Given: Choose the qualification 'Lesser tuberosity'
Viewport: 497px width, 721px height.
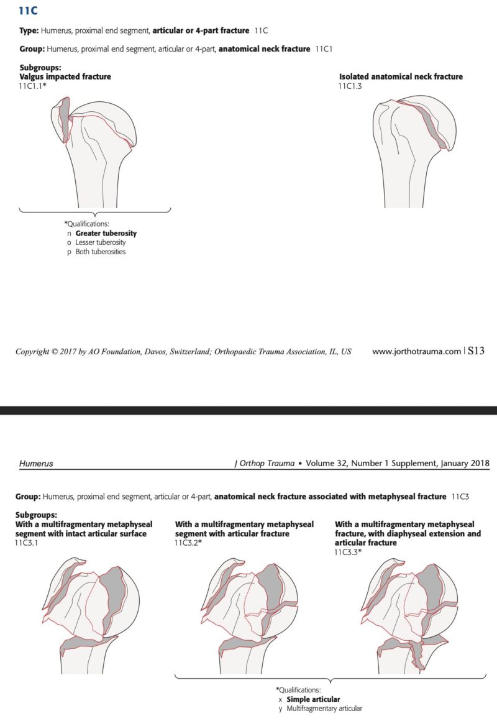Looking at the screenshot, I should pos(101,242).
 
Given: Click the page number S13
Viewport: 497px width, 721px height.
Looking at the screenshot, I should pos(476,351).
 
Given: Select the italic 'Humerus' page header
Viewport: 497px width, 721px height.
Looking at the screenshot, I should pos(36,463).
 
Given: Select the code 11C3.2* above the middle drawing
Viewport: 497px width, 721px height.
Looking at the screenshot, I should pos(189,543).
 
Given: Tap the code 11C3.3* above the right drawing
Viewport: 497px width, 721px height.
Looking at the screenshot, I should pos(349,552).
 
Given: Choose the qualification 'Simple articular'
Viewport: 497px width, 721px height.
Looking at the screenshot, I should pos(313,699).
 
